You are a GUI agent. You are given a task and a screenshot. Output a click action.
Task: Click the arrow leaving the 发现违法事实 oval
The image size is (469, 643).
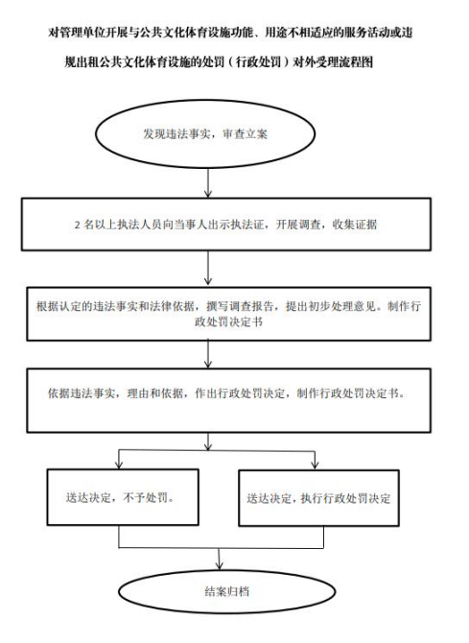point(208,183)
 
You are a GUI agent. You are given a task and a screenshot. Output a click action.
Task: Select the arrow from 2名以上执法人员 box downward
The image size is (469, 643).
point(208,268)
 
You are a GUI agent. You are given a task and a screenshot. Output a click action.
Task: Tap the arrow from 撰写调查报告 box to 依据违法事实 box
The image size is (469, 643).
point(208,354)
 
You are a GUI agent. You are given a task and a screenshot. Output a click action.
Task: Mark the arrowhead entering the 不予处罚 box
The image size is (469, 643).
point(119,464)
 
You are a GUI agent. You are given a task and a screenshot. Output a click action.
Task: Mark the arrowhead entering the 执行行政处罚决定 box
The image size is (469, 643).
point(315,464)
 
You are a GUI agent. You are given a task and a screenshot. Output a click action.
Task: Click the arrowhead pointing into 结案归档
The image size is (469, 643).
point(220,565)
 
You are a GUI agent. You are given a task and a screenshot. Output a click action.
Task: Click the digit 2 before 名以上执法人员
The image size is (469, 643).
point(77,226)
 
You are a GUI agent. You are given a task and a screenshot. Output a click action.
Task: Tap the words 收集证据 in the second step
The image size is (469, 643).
point(355,225)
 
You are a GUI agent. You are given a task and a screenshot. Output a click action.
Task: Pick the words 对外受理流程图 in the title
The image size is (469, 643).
point(333,62)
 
